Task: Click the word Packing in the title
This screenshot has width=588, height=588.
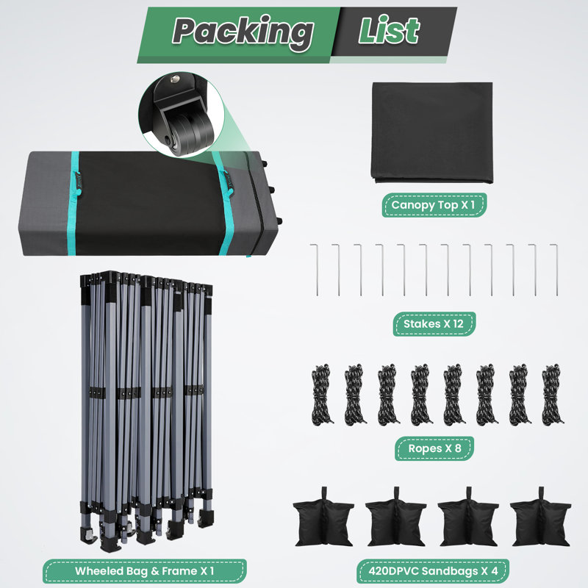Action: (x=243, y=32)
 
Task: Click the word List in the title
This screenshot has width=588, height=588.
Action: (x=389, y=30)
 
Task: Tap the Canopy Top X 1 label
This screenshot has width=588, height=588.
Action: (x=434, y=205)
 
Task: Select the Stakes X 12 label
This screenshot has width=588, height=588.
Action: (x=434, y=323)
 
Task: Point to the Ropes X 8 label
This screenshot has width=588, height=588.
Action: (x=434, y=448)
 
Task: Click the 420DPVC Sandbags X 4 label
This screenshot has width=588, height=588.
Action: (x=433, y=571)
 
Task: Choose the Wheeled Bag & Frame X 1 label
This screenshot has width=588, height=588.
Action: (x=145, y=571)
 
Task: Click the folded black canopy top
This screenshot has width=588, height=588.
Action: (x=432, y=133)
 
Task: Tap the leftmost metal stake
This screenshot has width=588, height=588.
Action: (x=315, y=269)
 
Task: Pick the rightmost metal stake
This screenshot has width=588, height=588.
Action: (x=555, y=269)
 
